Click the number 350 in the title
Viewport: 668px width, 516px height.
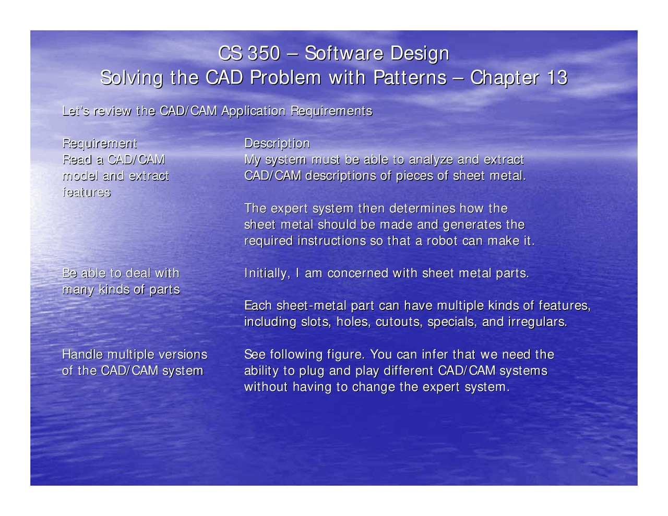[264, 53]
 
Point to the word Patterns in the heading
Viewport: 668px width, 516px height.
[410, 78]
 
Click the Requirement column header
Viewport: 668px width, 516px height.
[100, 143]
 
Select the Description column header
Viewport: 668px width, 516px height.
[277, 143]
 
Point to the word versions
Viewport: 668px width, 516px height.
[183, 355]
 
